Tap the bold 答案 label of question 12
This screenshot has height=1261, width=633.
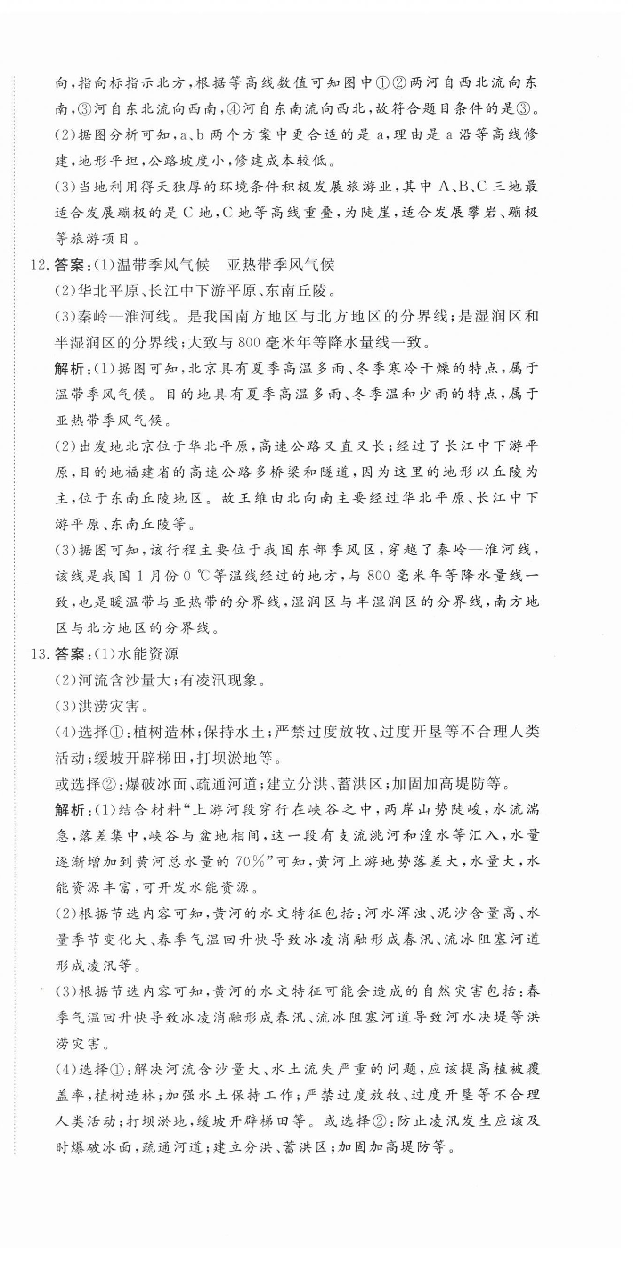pyautogui.click(x=68, y=265)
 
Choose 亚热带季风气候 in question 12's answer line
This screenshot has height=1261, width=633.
pyautogui.click(x=281, y=265)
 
